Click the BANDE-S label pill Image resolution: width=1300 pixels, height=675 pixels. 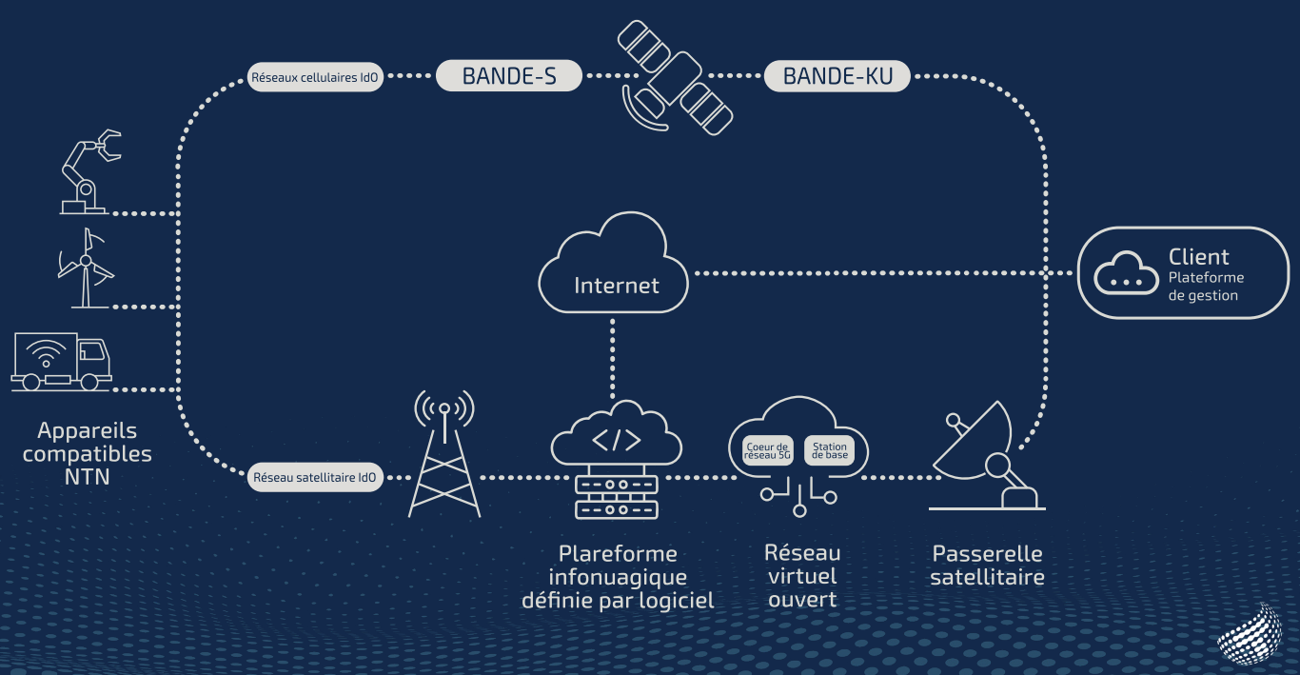[x=508, y=76]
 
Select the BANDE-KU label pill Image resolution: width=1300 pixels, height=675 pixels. [x=837, y=76]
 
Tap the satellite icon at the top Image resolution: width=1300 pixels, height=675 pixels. [x=675, y=79]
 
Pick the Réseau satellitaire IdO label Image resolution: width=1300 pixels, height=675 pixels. [x=316, y=477]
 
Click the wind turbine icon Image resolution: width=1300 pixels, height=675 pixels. [x=86, y=268]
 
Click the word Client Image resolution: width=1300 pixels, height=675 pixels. [x=1198, y=257]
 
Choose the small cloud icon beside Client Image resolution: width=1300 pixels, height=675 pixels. [x=1126, y=274]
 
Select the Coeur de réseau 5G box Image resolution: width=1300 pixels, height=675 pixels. [x=767, y=451]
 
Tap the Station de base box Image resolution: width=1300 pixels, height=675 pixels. [x=829, y=451]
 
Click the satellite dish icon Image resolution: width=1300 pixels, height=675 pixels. [x=985, y=457]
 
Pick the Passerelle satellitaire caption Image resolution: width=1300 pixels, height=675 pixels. [x=987, y=566]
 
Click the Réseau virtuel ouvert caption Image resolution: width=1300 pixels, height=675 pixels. [x=801, y=576]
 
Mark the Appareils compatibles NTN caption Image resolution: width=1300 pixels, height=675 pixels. [x=87, y=454]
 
